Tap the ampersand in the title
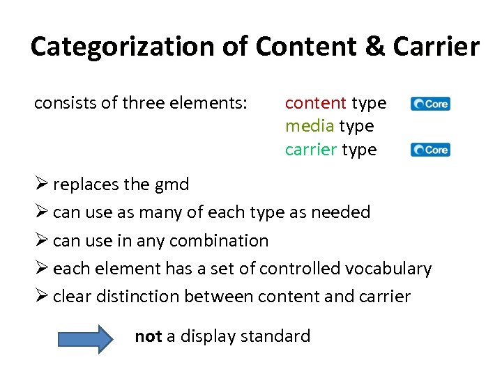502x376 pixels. tap(375, 47)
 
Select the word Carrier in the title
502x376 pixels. tap(436, 47)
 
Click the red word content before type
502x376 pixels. tap(316, 103)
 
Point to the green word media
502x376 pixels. tap(311, 126)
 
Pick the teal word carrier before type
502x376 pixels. tap(311, 150)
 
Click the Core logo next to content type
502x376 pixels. tap(430, 104)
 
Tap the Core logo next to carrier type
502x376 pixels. tap(430, 150)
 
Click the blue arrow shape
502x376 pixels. tap(84, 338)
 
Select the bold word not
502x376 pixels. tap(148, 337)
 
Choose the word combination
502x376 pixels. tap(219, 241)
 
